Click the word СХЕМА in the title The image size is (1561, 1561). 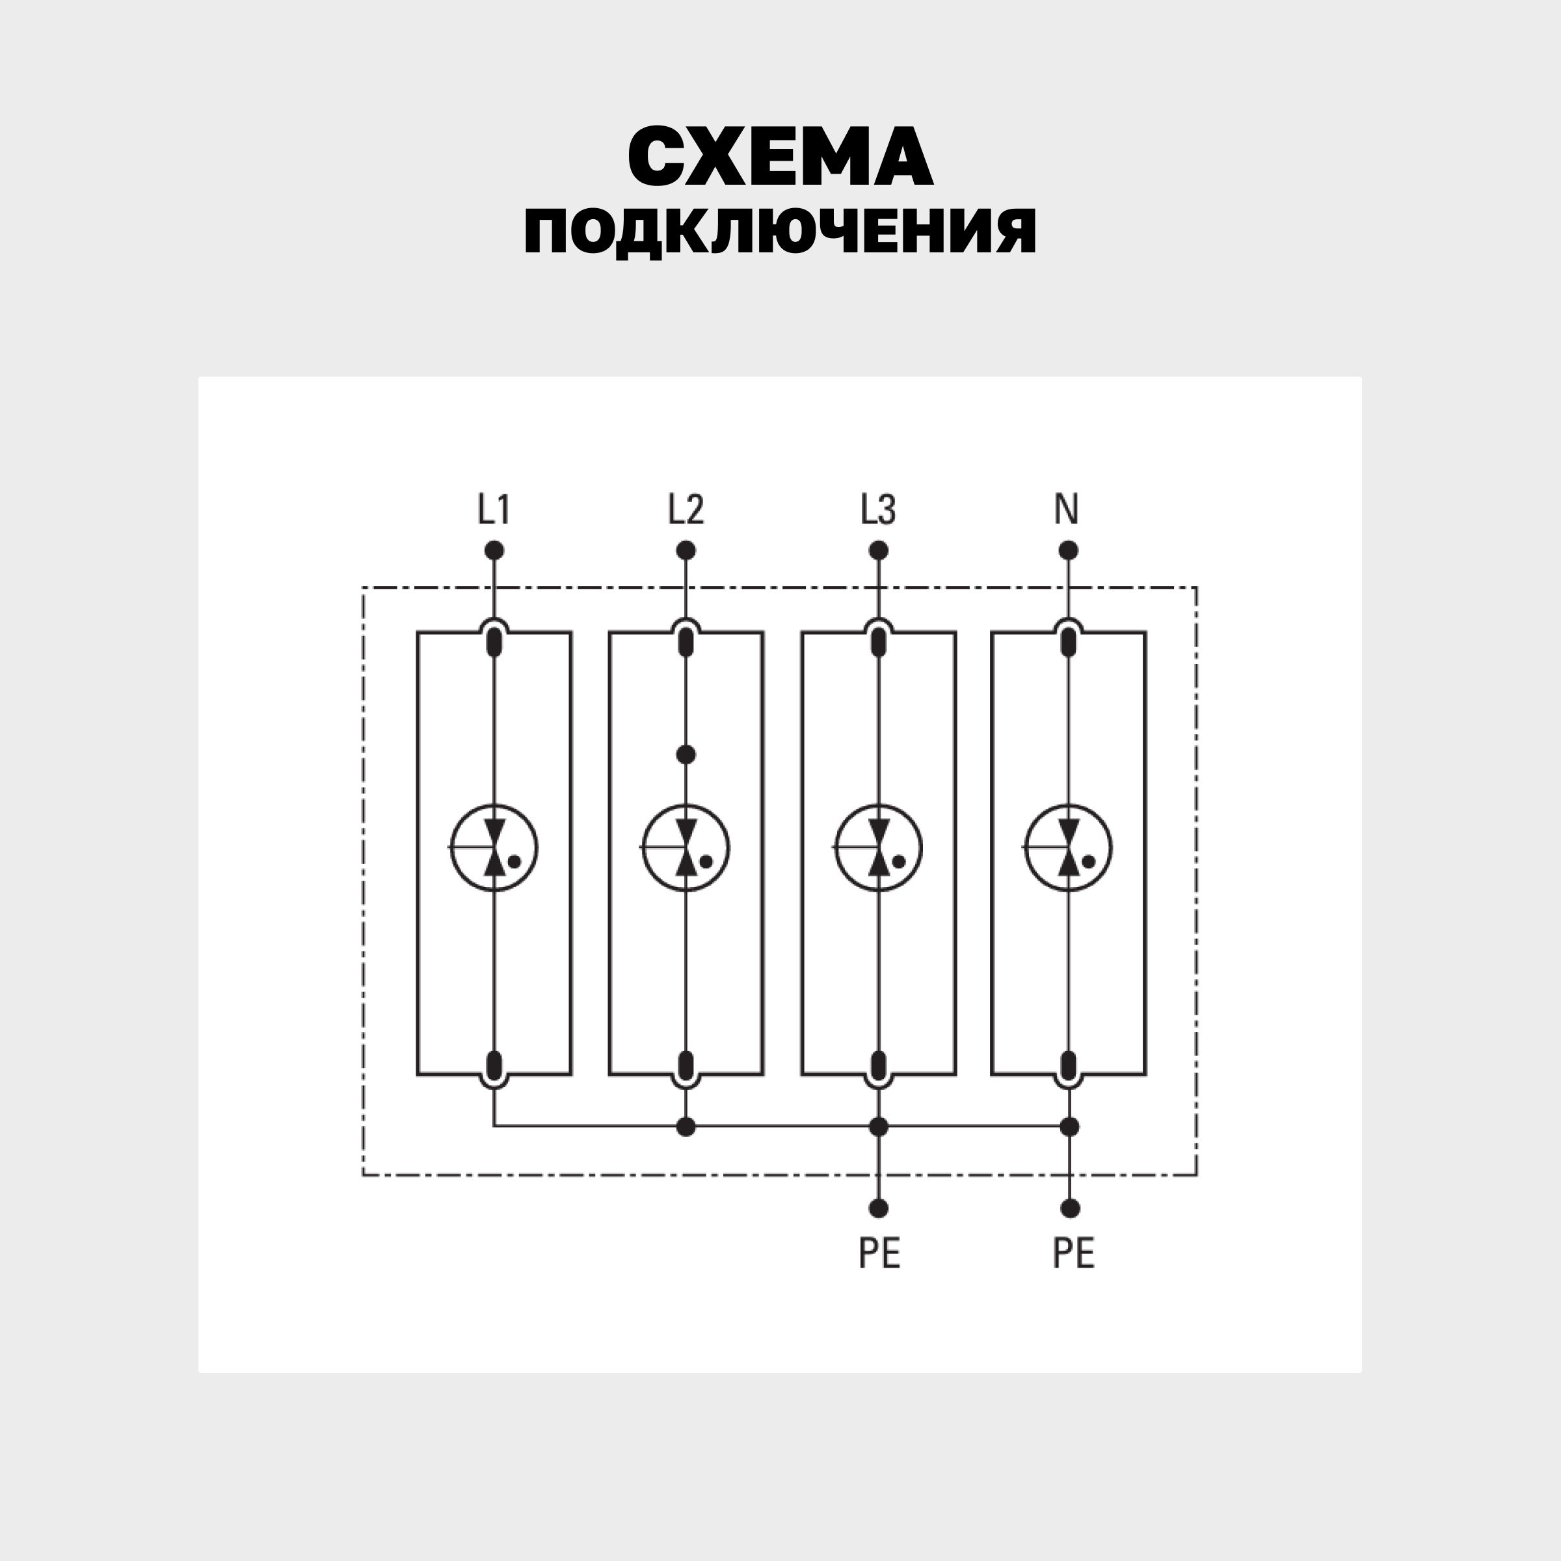(780, 156)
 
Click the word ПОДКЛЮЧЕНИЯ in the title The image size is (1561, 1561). (780, 232)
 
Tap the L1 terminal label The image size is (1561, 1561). (493, 510)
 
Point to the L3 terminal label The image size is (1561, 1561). (877, 510)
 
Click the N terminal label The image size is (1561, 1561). (1067, 510)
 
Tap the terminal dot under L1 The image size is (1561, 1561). (494, 551)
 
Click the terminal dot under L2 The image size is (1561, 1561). (686, 551)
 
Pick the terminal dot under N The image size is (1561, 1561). (1068, 551)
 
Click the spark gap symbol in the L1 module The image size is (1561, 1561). (494, 847)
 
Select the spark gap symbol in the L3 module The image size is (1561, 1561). (878, 847)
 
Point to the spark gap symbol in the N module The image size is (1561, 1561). (1068, 847)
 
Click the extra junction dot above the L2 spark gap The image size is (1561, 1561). (686, 754)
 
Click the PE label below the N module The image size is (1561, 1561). (1073, 1253)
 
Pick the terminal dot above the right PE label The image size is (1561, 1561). (1070, 1208)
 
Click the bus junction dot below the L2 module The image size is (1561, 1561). (686, 1127)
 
